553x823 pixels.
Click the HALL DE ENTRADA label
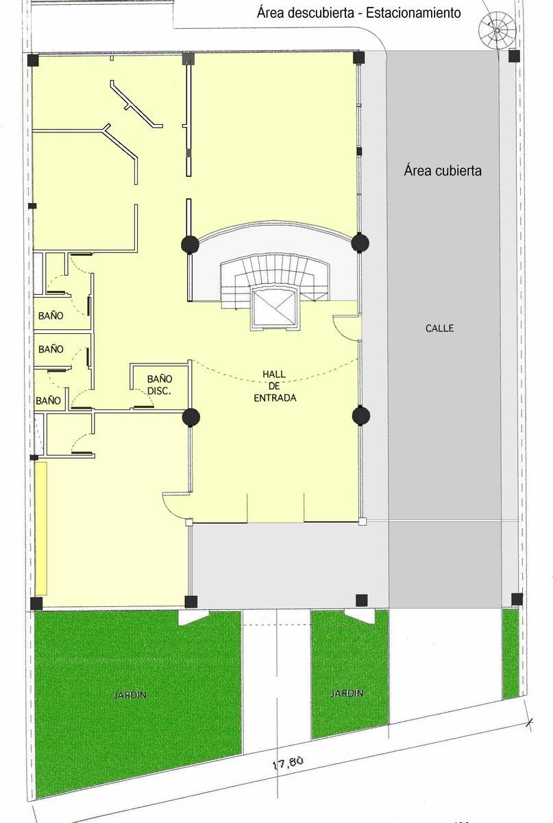pos(275,385)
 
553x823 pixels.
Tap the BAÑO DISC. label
pos(160,385)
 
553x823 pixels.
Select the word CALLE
pos(439,328)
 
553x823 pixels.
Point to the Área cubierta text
pos(443,171)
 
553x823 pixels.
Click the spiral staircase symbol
pos(497,30)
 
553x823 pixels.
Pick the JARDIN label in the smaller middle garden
pos(347,693)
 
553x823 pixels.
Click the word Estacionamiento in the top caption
pos(413,13)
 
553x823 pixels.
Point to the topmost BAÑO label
pos(51,315)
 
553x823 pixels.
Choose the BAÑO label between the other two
pos(51,348)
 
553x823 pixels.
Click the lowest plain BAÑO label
pos(48,400)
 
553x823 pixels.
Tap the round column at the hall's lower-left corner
pos(191,417)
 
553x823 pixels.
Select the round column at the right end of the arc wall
pos(360,243)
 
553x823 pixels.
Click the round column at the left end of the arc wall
pos(191,244)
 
